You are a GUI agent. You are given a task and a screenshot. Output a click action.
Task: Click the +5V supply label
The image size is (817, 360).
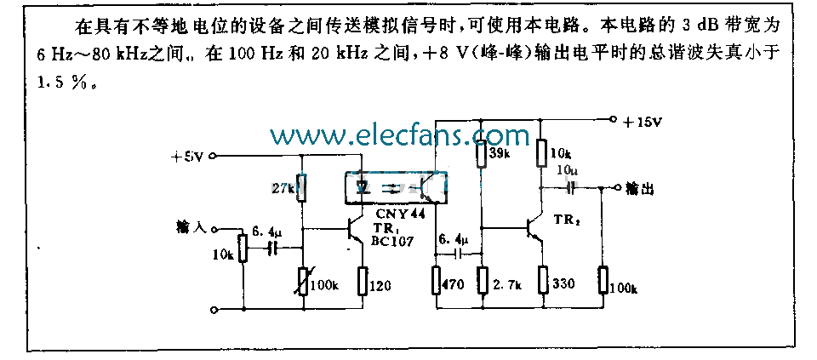[x=188, y=157]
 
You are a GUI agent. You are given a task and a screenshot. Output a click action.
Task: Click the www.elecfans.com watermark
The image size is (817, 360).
[x=399, y=135]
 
